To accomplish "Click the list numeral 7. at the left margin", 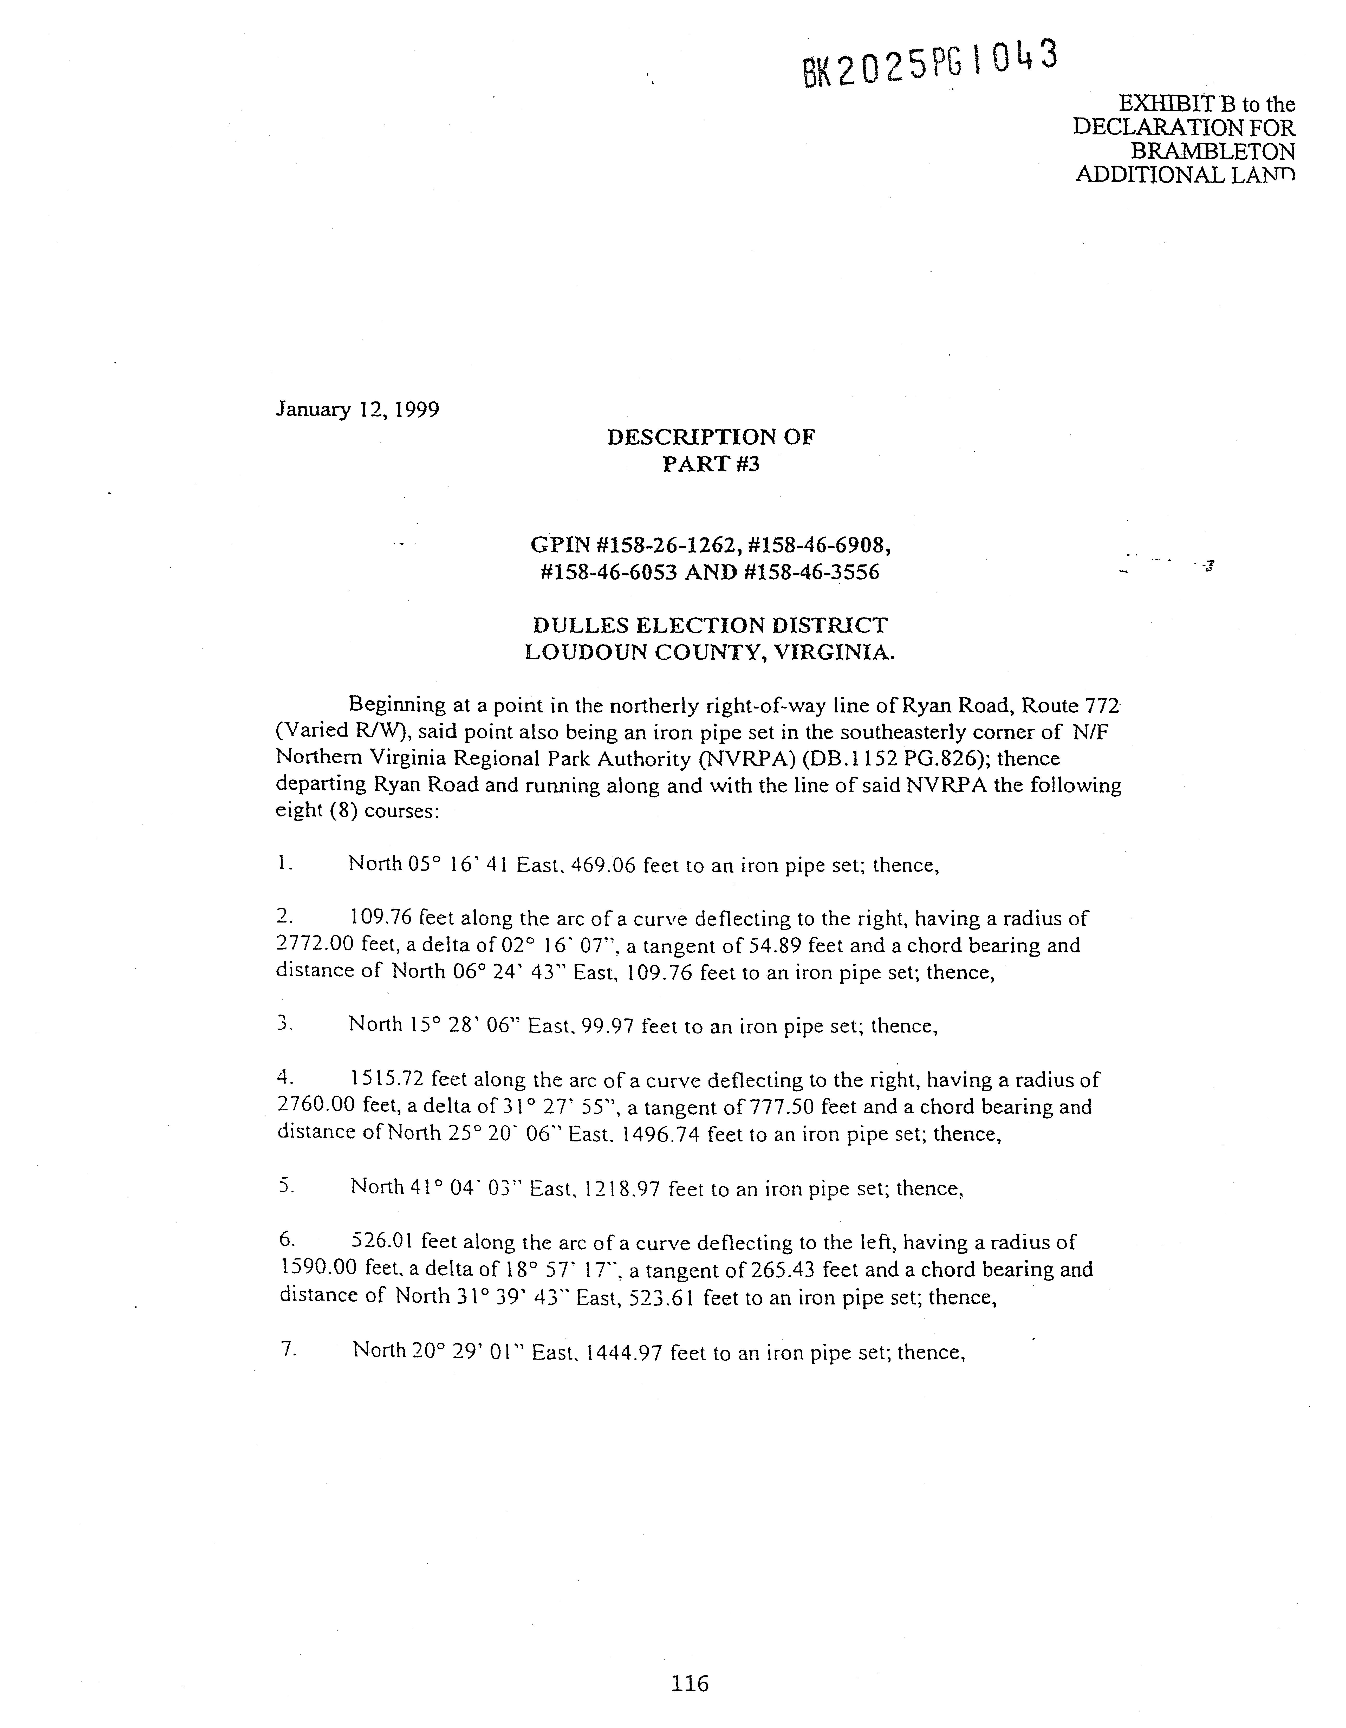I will coord(288,1350).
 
